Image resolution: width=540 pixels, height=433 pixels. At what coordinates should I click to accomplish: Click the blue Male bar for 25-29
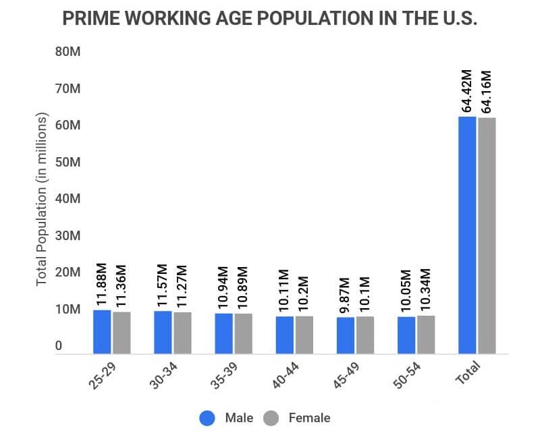click(x=102, y=331)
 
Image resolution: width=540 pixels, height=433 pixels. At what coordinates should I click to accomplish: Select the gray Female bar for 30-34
click(x=182, y=333)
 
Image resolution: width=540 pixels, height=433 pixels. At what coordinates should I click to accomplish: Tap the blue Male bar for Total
click(x=467, y=235)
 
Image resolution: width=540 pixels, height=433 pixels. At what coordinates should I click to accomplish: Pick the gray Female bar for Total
click(x=487, y=235)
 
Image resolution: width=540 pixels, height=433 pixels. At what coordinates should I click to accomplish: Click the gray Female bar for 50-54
click(x=426, y=335)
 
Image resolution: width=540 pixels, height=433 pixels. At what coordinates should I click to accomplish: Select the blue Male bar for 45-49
click(x=346, y=335)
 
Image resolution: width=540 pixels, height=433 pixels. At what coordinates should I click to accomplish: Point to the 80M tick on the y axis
click(x=67, y=52)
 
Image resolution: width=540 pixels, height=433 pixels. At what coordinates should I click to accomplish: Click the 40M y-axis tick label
click(x=67, y=199)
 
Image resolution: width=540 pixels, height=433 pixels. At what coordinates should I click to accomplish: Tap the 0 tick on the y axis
click(x=59, y=346)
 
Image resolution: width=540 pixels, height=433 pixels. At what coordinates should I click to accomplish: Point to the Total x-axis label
click(x=467, y=373)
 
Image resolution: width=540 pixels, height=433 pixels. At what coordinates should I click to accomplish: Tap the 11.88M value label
click(x=102, y=283)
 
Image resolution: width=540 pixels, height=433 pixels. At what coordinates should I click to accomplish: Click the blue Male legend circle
click(x=207, y=418)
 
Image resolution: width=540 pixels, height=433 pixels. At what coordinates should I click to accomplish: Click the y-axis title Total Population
click(x=42, y=199)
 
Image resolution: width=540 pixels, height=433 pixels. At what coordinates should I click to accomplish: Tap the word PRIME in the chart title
click(x=90, y=18)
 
